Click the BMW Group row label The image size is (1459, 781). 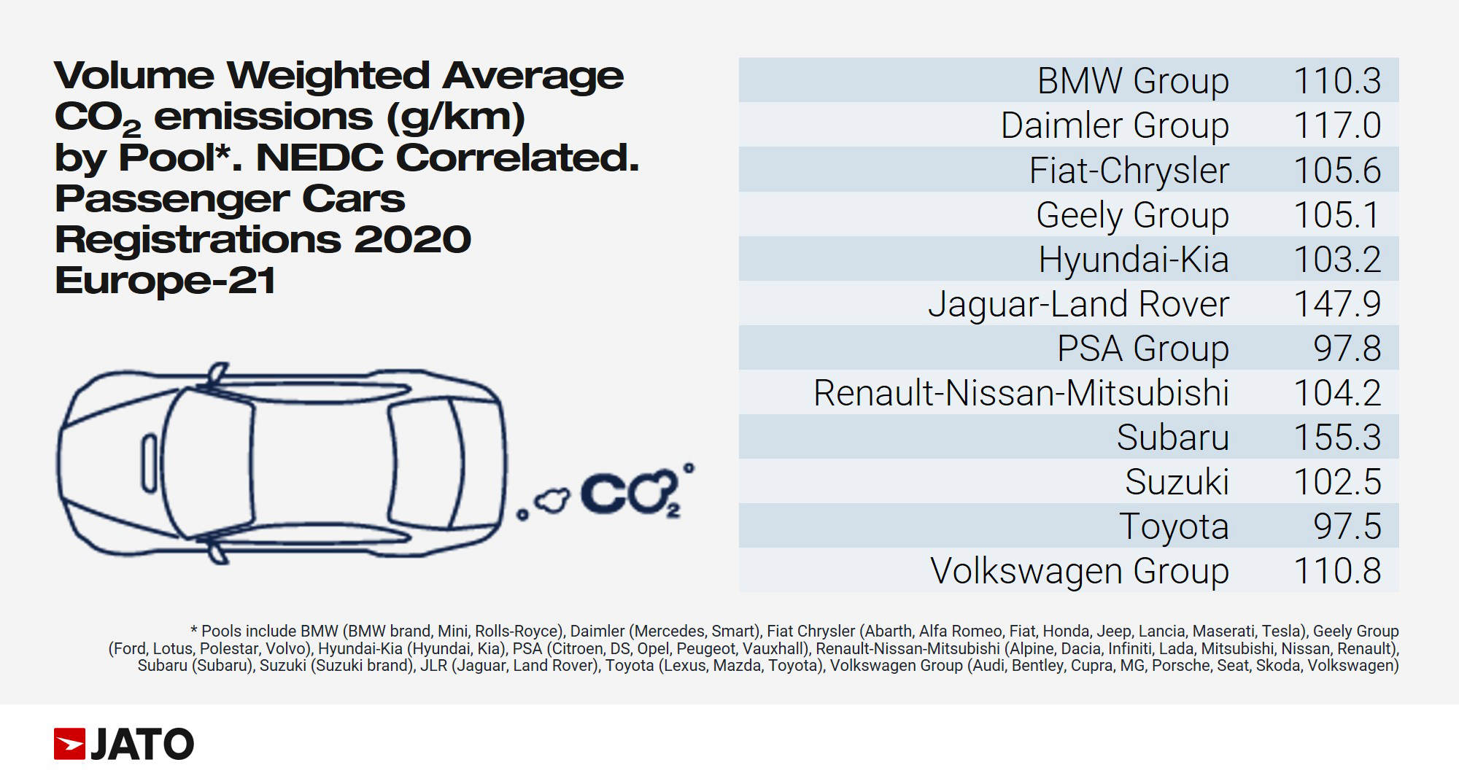click(x=1132, y=80)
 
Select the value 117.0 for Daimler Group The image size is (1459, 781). click(x=1336, y=125)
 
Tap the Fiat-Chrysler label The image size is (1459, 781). click(x=1129, y=171)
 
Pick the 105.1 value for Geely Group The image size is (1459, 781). click(x=1336, y=215)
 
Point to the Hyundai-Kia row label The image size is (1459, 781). click(x=1133, y=260)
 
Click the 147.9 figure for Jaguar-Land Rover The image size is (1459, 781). click(x=1336, y=304)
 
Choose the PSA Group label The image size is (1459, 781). click(x=1142, y=349)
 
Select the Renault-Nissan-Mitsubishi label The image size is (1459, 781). click(x=1021, y=393)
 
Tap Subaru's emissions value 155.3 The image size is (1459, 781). click(x=1336, y=438)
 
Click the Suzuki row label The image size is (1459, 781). click(x=1176, y=482)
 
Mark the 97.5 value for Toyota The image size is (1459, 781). click(x=1347, y=527)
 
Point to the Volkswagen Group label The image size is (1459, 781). click(x=1079, y=571)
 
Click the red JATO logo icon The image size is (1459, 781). click(x=69, y=744)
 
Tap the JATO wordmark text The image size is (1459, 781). click(x=142, y=744)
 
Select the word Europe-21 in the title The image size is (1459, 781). click(x=165, y=280)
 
